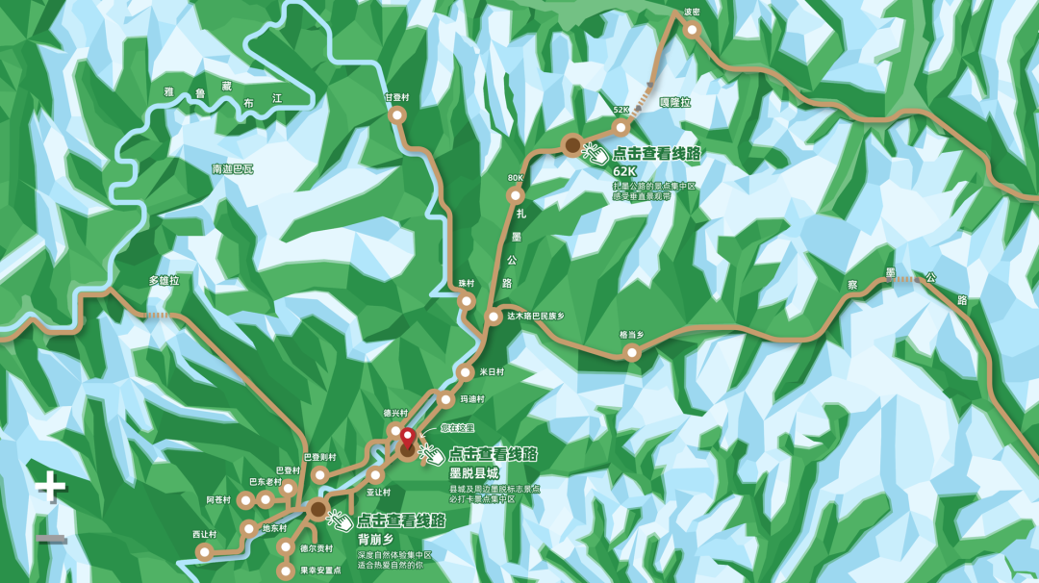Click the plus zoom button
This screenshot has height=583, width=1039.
click(x=51, y=487)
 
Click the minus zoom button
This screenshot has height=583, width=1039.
click(x=52, y=538)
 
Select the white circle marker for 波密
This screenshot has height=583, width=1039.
click(x=692, y=30)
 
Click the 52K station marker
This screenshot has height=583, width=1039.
click(x=621, y=127)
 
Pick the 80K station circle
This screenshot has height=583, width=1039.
click(x=516, y=195)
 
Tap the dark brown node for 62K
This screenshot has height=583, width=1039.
click(x=572, y=145)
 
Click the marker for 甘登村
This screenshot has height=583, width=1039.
click(x=397, y=114)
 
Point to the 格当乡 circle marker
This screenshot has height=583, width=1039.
click(x=632, y=352)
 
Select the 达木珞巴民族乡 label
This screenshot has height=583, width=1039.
click(x=536, y=316)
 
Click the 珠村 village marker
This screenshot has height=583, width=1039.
click(x=467, y=300)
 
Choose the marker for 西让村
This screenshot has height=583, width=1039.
click(x=204, y=551)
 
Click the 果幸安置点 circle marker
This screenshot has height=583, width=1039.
click(x=286, y=570)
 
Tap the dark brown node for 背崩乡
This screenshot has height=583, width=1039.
click(x=317, y=510)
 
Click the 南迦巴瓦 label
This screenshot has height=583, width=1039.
click(x=232, y=169)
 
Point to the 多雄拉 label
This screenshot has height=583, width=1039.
click(x=164, y=281)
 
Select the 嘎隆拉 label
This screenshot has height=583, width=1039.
click(x=674, y=102)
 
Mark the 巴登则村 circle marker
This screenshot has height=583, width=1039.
click(x=320, y=475)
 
